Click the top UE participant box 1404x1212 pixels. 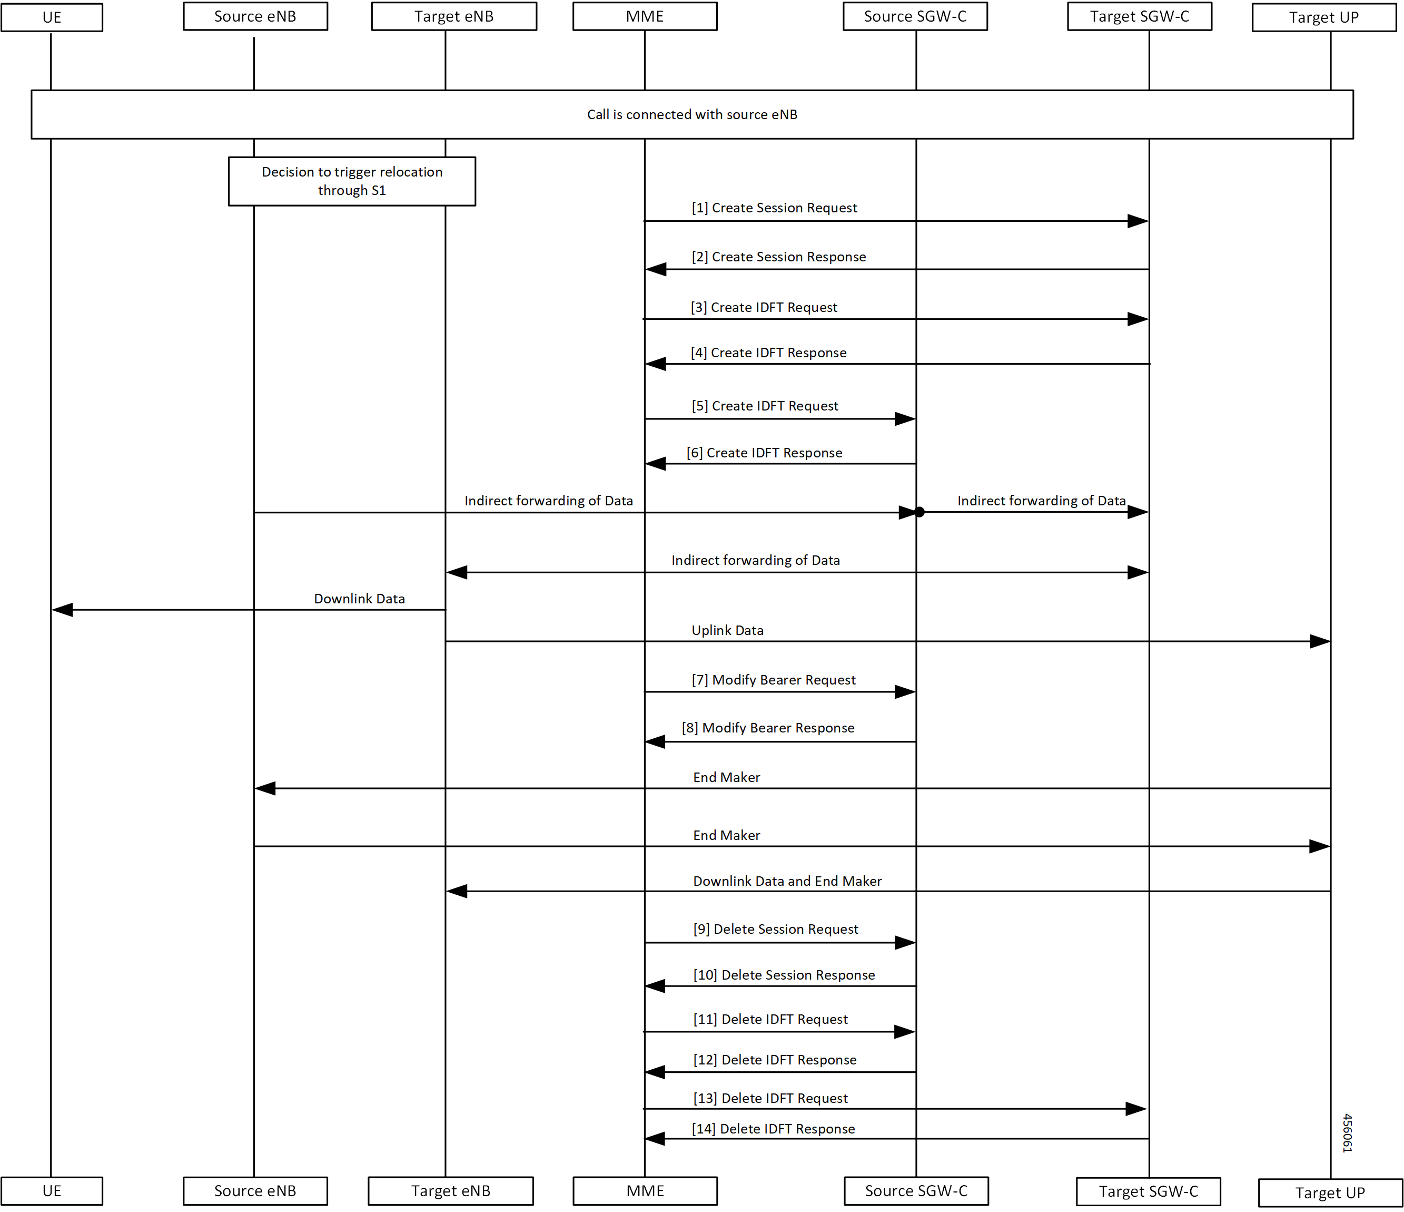point(52,17)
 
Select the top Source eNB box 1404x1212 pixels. point(255,16)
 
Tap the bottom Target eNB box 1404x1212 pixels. point(451,1191)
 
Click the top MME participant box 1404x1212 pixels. point(645,16)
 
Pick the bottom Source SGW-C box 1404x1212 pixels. point(916,1191)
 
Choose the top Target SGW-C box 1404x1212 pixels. point(1140,16)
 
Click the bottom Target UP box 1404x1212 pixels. point(1330,1193)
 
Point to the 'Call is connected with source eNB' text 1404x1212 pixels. point(692,114)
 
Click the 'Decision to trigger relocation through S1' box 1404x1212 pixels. point(352,181)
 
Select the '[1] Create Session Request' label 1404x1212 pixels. point(775,208)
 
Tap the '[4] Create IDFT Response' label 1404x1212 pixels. point(768,353)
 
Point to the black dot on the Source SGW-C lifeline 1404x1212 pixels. point(919,512)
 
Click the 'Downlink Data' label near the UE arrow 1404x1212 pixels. point(359,599)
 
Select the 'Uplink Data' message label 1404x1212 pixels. point(727,630)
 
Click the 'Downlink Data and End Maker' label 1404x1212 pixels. point(787,881)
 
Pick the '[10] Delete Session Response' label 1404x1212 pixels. point(784,975)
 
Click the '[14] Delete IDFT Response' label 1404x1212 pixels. point(773,1129)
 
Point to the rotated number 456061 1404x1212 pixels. point(1347,1132)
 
